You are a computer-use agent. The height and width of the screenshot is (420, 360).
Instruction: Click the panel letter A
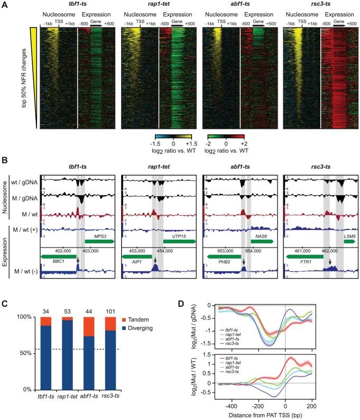tap(4, 5)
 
